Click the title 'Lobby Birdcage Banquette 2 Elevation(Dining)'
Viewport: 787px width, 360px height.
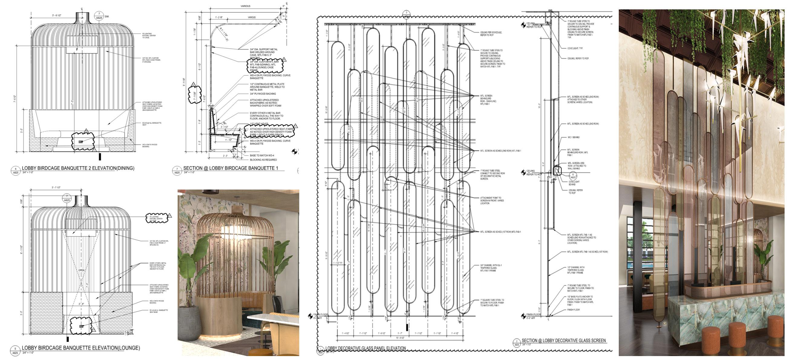[78, 168]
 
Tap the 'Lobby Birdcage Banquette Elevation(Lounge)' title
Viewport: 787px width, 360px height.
[81, 348]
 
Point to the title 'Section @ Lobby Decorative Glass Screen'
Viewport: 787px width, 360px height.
[563, 340]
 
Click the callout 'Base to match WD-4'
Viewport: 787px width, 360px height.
[262, 155]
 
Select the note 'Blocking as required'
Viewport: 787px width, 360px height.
[263, 160]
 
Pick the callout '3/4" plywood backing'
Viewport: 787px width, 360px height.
[263, 94]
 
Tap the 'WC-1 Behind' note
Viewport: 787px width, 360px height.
[573, 137]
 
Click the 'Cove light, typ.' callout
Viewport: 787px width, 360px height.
[575, 48]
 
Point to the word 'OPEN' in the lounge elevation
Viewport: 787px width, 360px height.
[81, 270]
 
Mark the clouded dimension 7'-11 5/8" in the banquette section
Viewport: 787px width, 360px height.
[194, 94]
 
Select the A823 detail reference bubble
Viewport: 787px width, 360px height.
[573, 176]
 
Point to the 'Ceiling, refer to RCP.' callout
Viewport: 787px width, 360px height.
[578, 58]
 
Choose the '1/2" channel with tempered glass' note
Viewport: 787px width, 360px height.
[575, 270]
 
